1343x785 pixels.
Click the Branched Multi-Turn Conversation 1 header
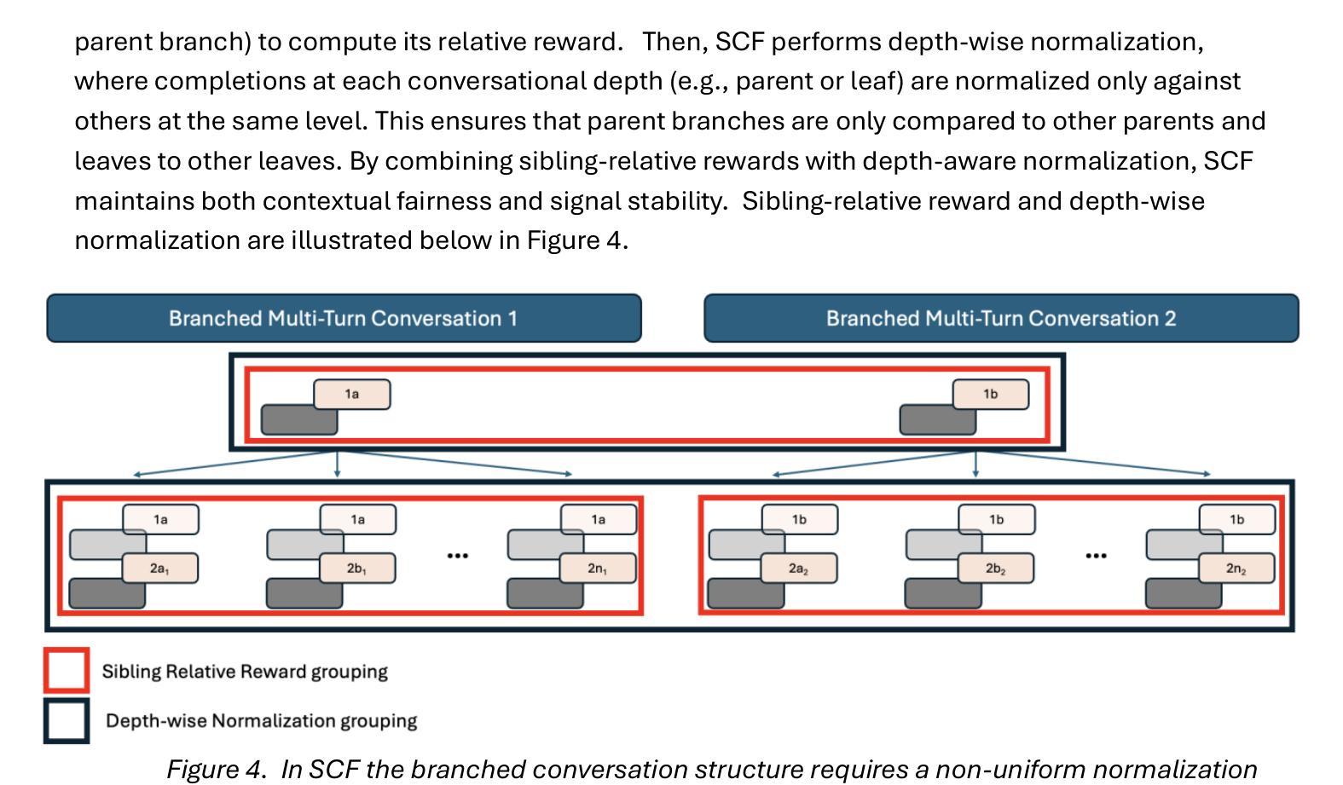point(344,318)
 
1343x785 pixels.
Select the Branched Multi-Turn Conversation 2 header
point(1001,318)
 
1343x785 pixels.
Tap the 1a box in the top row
point(352,395)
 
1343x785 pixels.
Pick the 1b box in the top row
point(991,395)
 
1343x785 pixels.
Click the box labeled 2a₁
point(160,568)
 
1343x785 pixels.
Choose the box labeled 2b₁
point(356,568)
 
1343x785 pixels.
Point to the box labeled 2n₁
point(598,568)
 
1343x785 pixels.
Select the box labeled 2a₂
point(799,568)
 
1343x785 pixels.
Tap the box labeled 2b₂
point(996,568)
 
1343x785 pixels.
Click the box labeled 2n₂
point(1236,568)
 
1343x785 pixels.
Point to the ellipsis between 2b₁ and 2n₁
point(457,556)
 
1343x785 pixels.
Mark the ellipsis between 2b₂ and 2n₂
point(1096,556)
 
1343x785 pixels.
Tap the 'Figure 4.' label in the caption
point(216,770)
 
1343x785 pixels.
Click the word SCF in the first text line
point(740,42)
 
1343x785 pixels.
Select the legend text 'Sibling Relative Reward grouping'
point(245,671)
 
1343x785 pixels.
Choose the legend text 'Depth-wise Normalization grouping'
point(262,720)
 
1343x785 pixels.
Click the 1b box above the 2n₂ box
point(1237,520)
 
